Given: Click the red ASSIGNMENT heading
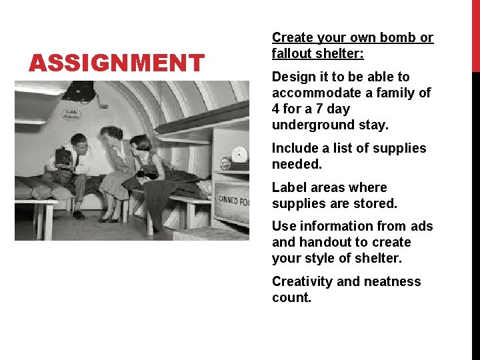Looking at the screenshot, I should click(x=117, y=63).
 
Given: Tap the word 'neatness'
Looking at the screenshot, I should click(x=391, y=281).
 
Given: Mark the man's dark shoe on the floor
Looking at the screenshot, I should click(x=79, y=215).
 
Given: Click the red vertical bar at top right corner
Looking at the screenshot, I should click(x=475, y=33).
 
